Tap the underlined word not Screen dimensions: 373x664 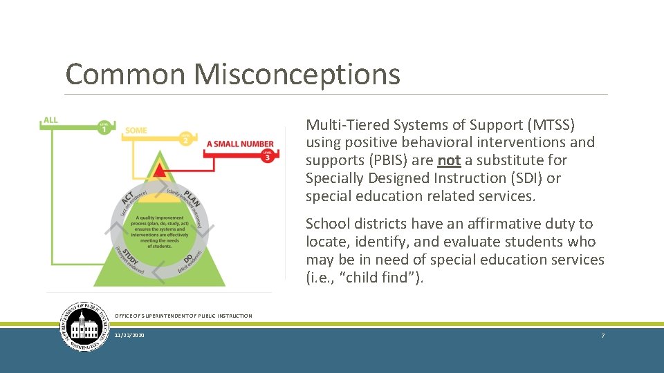pos(449,160)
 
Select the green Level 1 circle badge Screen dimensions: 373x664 pos(104,129)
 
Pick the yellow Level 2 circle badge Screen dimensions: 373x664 pos(186,139)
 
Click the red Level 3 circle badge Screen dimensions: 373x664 pos(267,157)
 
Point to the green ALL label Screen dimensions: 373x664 pos(50,120)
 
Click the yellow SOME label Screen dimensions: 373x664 pos(136,131)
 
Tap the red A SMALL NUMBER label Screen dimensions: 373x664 pos(240,144)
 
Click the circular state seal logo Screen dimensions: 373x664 pos(84,326)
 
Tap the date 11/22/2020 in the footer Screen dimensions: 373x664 pos(129,335)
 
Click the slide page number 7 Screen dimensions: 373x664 pos(602,335)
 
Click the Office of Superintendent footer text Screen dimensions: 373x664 pos(183,316)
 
